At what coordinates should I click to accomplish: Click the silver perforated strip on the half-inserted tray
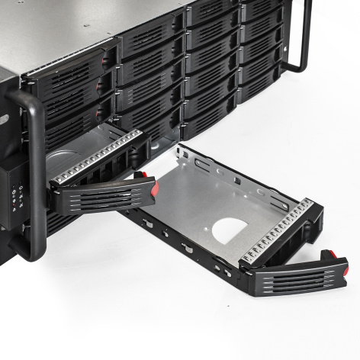coord(98,156)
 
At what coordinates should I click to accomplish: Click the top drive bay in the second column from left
coord(149,38)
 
